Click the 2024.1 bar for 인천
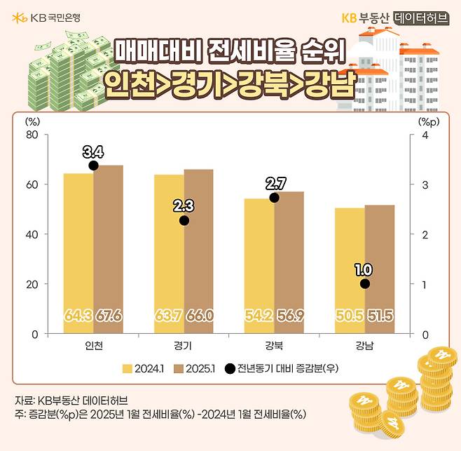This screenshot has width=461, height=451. [78, 253]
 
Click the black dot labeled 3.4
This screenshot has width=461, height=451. [93, 166]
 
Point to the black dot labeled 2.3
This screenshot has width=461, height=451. [184, 220]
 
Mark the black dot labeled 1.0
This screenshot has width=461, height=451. [364, 284]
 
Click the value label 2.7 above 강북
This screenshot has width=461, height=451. [275, 184]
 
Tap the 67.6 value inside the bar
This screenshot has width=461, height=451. [109, 316]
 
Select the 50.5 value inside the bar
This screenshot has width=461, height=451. [350, 316]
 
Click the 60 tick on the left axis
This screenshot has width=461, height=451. [32, 184]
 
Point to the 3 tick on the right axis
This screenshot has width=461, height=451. [424, 184]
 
